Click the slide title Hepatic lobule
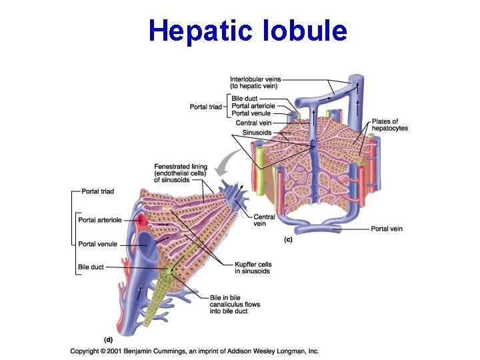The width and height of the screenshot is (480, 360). tap(248, 31)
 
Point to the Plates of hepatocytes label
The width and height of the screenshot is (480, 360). tap(390, 125)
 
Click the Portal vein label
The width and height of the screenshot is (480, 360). tap(387, 229)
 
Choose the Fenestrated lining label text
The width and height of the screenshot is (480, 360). tap(181, 173)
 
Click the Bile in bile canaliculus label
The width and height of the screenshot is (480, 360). tap(235, 305)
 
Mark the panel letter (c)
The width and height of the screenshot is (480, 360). tap(289, 239)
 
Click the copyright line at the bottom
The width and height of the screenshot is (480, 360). tap(195, 351)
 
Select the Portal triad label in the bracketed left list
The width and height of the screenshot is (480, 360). tap(97, 192)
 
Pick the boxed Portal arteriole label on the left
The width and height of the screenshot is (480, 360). tap(100, 220)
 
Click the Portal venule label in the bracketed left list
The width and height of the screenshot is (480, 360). tap(97, 244)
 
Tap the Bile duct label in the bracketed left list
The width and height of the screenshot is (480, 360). tap(91, 267)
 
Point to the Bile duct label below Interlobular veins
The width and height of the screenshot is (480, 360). tap(244, 99)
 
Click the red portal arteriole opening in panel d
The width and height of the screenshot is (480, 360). tap(142, 220)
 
